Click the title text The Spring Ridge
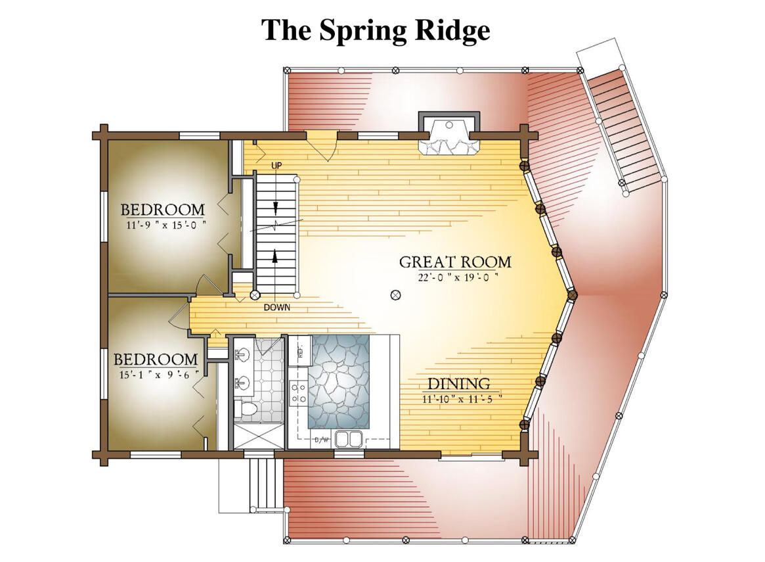coord(376,30)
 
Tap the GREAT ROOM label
coord(455,262)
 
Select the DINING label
coord(459,384)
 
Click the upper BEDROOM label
coord(162,210)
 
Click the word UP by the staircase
coord(276,165)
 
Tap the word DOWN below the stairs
coord(277,307)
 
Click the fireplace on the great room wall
coord(450,136)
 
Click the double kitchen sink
coord(348,438)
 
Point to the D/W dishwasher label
coord(322,440)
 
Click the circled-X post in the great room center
coord(395,295)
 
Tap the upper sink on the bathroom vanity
coord(241,355)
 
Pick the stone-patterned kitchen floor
coord(339,381)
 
